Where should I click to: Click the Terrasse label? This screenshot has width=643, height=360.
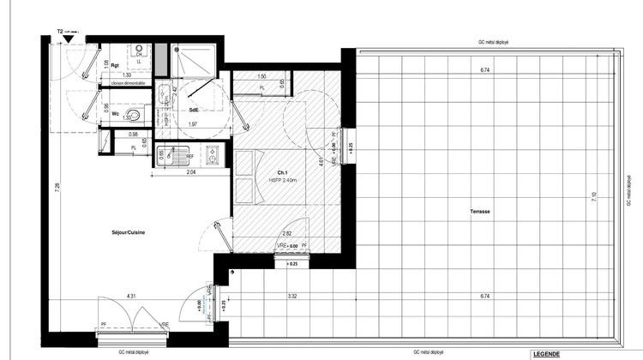point(479,212)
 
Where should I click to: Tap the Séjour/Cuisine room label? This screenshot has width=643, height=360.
point(127,233)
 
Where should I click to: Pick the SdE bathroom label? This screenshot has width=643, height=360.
point(195,109)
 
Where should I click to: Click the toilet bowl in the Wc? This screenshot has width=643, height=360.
point(133,115)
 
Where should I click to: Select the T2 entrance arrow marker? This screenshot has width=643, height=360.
point(68,39)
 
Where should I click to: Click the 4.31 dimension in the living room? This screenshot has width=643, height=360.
point(133,297)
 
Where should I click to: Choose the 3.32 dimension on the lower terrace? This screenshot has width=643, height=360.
point(291,297)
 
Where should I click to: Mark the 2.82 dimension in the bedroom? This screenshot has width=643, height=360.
point(289,232)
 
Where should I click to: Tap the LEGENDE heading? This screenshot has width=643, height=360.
point(546,354)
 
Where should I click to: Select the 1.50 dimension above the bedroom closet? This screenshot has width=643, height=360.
point(261,76)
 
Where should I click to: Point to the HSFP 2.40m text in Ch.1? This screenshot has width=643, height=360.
point(283,180)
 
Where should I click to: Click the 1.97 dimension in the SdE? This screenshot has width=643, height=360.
point(193,125)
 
